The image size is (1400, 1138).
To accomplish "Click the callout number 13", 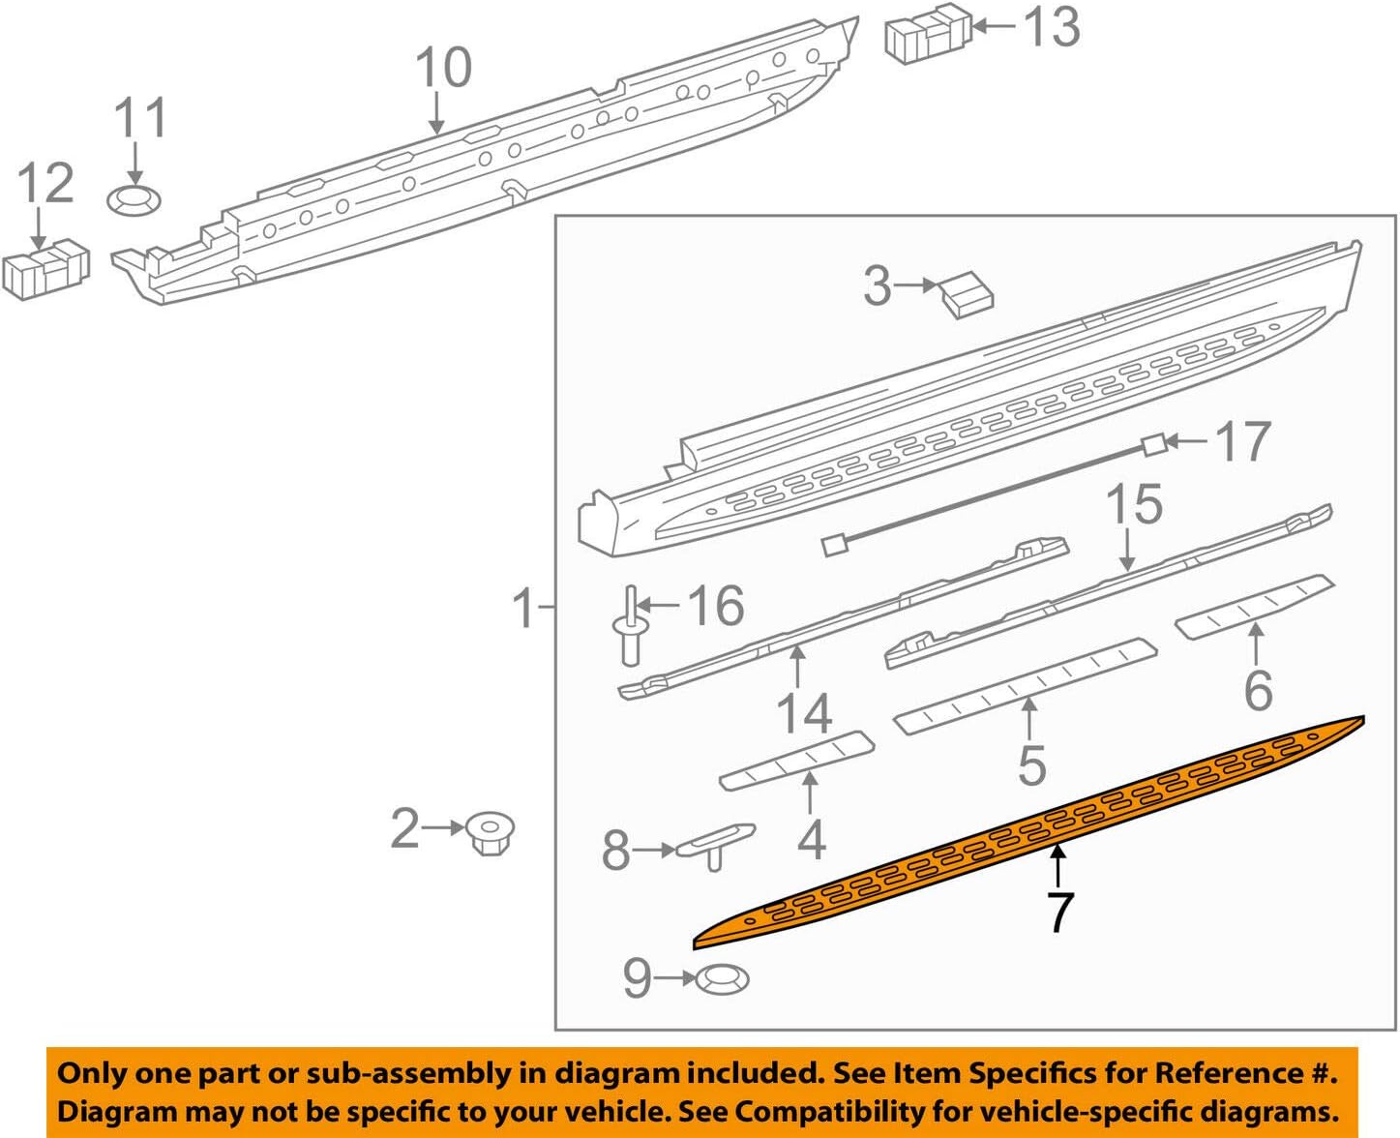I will coord(1052,26).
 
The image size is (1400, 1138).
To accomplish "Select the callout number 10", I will coord(443,68).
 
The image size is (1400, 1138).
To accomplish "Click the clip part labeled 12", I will coord(45,268).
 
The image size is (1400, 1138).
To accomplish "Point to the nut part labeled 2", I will coord(490,832).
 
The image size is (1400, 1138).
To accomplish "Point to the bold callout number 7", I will coord(1060,913).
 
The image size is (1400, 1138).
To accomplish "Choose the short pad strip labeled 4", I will coord(797,761).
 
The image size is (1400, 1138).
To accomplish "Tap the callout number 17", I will coord(1243,442).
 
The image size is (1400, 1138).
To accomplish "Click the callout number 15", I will coord(1134,505).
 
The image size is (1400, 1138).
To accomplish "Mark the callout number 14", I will coord(804,714).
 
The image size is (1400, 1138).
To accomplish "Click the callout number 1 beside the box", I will coord(523,609).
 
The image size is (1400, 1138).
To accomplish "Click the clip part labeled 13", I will coord(926,37).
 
